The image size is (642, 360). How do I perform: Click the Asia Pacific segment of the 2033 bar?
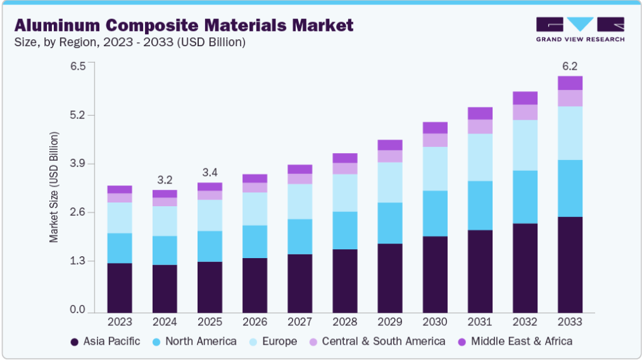(570, 265)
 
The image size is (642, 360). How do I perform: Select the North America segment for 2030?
(435, 214)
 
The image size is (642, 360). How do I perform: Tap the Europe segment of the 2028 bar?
(345, 193)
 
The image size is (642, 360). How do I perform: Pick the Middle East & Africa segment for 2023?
(120, 189)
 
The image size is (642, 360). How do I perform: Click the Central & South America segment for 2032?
(525, 113)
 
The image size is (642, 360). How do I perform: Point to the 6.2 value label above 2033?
(570, 66)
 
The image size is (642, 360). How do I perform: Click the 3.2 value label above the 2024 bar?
(165, 180)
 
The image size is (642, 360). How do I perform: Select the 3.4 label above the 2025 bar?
(210, 173)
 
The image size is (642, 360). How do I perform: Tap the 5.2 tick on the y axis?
(78, 115)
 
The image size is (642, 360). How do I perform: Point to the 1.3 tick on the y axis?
(78, 261)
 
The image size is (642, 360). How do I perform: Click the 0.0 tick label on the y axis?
(78, 309)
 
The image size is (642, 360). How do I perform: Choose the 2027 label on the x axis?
(299, 322)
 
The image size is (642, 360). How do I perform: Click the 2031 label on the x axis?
(480, 322)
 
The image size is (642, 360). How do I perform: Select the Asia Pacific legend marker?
(75, 342)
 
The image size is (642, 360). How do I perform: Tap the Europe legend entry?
(273, 342)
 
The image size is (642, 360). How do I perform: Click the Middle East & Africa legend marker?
(462, 342)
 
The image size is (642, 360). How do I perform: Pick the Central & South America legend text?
(384, 342)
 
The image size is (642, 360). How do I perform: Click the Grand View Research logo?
(580, 30)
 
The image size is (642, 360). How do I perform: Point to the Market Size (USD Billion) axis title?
(54, 187)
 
